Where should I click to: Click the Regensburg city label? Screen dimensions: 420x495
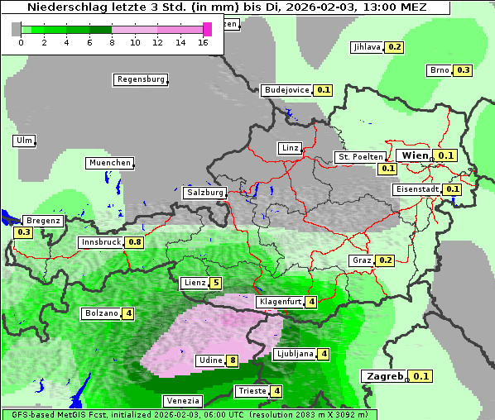click(140, 79)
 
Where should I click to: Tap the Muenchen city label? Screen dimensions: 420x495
click(109, 163)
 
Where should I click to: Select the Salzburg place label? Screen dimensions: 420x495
click(204, 192)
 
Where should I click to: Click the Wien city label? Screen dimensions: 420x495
click(415, 155)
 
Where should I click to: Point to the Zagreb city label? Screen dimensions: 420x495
click(384, 376)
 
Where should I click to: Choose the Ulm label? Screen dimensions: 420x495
click(24, 141)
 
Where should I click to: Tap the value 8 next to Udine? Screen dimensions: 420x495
click(233, 360)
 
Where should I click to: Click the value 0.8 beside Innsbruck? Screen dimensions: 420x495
click(134, 242)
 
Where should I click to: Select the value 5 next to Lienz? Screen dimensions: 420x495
click(216, 283)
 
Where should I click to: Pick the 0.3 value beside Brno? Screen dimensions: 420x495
click(463, 70)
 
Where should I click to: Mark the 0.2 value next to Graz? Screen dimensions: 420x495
click(385, 260)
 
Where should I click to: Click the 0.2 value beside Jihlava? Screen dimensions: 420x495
click(394, 47)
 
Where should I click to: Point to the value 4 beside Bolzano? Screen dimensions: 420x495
click(128, 313)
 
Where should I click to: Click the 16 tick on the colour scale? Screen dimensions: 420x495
click(204, 41)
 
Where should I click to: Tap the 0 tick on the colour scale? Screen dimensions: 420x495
click(21, 41)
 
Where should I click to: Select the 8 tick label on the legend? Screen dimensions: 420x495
click(112, 41)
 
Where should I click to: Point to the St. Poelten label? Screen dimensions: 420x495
click(360, 156)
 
